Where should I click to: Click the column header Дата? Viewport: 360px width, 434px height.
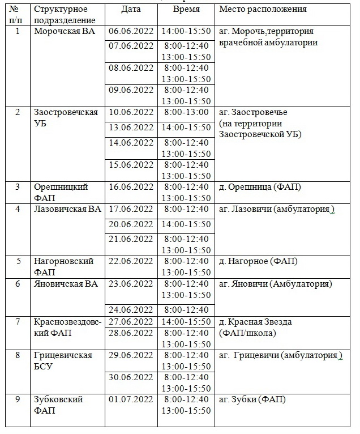131,10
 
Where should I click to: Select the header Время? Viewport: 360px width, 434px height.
186,10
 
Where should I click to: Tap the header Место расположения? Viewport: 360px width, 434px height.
263,10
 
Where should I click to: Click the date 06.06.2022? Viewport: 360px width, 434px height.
131,31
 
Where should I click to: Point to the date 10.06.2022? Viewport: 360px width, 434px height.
131,112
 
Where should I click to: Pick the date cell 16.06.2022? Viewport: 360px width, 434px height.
131,186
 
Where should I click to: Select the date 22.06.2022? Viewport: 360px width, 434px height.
131,261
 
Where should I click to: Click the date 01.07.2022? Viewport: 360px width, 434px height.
131,399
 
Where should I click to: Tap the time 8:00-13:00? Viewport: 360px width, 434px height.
186,112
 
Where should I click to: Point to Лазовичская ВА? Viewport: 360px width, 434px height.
67,209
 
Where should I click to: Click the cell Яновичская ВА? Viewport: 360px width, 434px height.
66,284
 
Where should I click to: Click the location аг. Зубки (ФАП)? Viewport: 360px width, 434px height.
252,399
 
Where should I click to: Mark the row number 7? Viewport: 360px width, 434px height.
17,322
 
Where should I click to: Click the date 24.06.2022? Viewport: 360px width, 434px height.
131,309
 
